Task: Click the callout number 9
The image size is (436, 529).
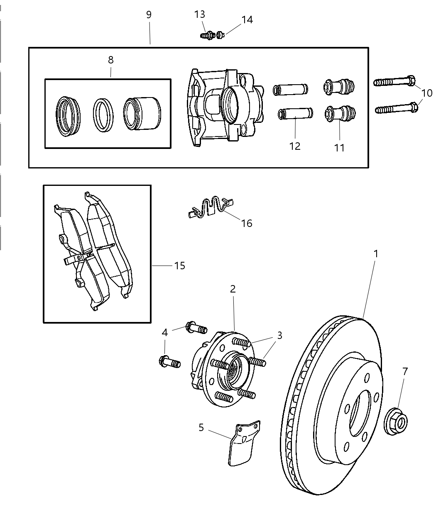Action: pyautogui.click(x=149, y=15)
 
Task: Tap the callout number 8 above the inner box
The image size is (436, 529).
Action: pyautogui.click(x=110, y=60)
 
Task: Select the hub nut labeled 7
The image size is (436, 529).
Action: pyautogui.click(x=396, y=422)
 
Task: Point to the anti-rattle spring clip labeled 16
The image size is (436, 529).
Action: pyautogui.click(x=210, y=207)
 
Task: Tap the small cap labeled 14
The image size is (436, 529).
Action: pyautogui.click(x=220, y=35)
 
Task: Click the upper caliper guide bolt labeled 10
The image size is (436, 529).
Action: pyautogui.click(x=394, y=81)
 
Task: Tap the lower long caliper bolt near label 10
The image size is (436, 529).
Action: pyautogui.click(x=397, y=108)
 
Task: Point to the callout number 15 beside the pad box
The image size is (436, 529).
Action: pyautogui.click(x=179, y=266)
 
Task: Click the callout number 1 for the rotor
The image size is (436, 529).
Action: pyautogui.click(x=376, y=254)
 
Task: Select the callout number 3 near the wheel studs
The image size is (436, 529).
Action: pyautogui.click(x=279, y=335)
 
